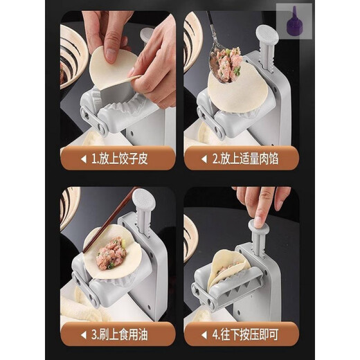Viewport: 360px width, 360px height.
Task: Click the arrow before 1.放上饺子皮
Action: click(84, 159)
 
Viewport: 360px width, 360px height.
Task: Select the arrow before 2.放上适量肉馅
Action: click(204, 159)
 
